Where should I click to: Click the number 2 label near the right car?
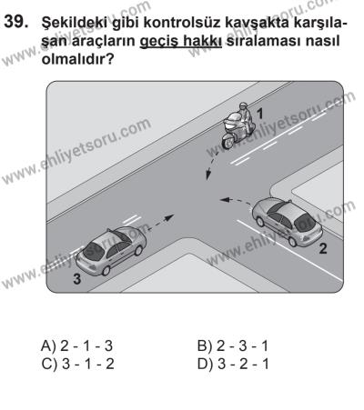(x=319, y=246)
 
